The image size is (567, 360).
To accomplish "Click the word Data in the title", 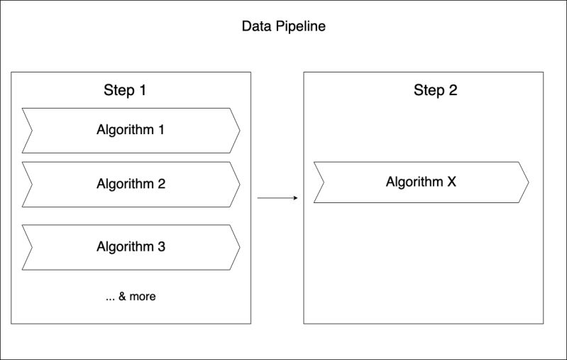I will coord(255,27).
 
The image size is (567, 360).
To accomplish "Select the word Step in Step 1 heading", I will coord(119,90).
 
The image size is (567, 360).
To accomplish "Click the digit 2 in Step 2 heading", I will coord(453,90).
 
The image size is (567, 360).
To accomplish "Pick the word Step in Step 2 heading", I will coord(429,90).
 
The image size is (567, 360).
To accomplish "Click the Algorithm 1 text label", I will coord(131,130).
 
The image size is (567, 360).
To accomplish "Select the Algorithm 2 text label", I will coord(131,184).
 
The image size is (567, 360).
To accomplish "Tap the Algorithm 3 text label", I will coord(131,247).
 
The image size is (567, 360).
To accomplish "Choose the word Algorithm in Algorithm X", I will coord(414,182).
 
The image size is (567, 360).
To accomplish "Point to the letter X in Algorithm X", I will coord(452,182).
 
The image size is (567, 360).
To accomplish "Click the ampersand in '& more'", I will coord(122,297).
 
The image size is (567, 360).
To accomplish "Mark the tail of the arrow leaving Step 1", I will coord(258,198).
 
